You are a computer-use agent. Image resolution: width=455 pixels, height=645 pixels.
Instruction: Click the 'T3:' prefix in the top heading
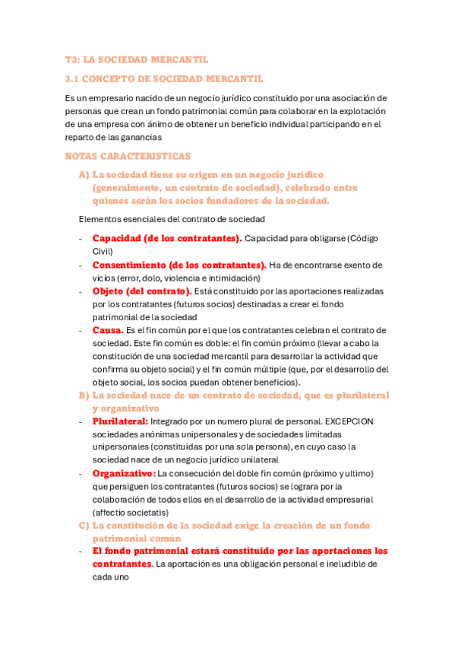(73, 59)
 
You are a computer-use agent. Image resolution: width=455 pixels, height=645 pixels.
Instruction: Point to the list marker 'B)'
(84, 396)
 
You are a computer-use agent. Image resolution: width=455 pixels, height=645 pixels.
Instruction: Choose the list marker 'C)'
(84, 526)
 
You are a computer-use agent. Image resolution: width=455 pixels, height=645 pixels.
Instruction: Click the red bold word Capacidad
(116, 239)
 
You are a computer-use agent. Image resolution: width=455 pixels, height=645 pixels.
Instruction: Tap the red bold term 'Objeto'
(109, 291)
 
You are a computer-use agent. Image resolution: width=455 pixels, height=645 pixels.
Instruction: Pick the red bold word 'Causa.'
(108, 330)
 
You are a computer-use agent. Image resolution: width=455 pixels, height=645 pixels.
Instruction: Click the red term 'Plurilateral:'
(121, 421)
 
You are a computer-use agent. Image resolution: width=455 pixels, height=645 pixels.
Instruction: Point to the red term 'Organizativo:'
(123, 473)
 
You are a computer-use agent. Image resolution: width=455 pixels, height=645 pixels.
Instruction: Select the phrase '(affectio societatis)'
(131, 512)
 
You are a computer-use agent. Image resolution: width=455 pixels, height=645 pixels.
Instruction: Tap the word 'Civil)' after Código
(103, 252)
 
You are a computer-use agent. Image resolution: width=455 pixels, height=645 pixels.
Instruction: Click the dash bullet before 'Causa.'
(81, 330)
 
